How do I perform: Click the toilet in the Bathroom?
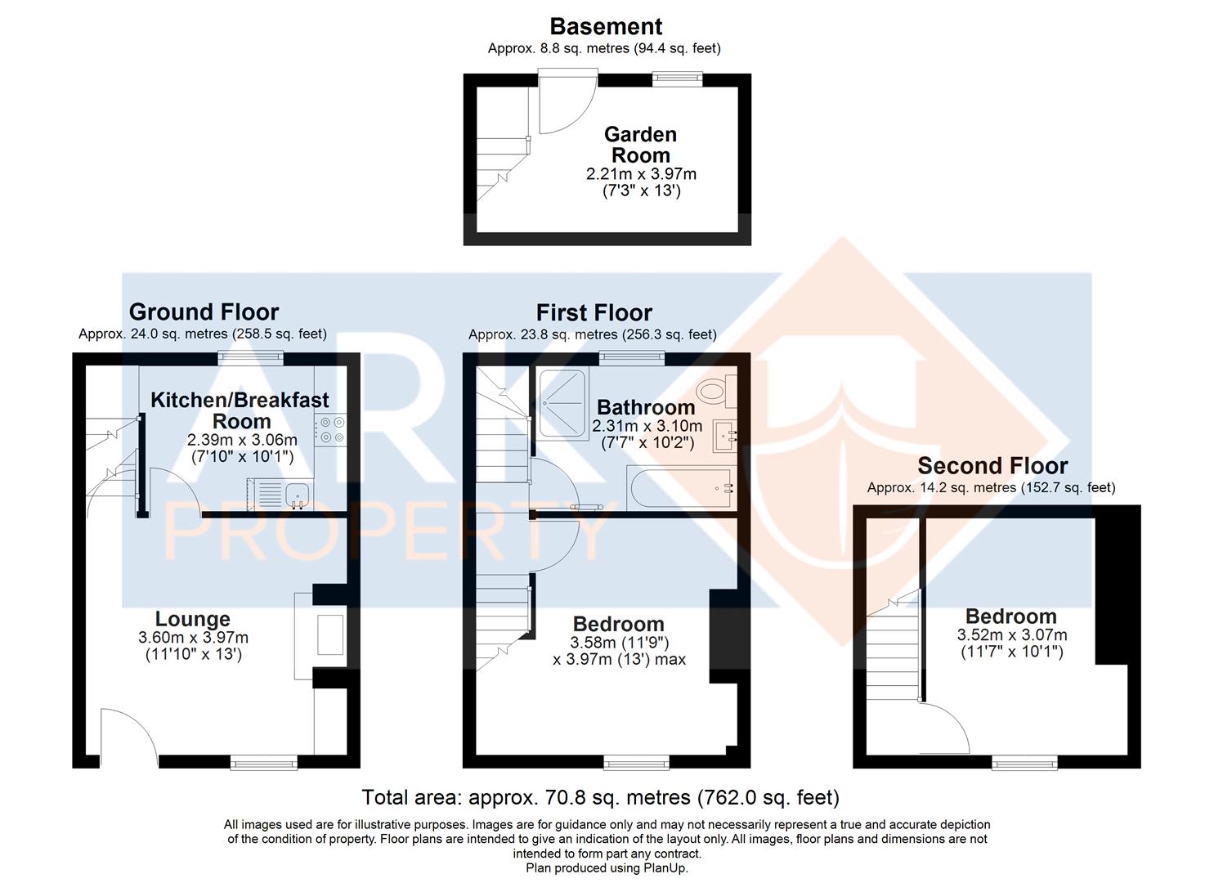click(719, 391)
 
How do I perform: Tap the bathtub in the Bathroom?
click(681, 488)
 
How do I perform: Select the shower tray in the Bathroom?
click(562, 404)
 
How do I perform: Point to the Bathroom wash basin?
click(724, 436)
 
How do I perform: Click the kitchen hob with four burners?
click(331, 430)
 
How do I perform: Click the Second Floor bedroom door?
click(945, 729)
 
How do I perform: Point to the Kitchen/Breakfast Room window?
click(250, 356)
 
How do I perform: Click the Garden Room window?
click(677, 78)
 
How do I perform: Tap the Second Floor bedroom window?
click(1024, 763)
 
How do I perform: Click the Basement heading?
click(605, 26)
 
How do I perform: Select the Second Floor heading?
click(992, 466)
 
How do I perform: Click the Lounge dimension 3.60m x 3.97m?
click(193, 638)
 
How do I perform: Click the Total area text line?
click(600, 797)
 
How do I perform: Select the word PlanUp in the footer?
click(666, 868)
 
